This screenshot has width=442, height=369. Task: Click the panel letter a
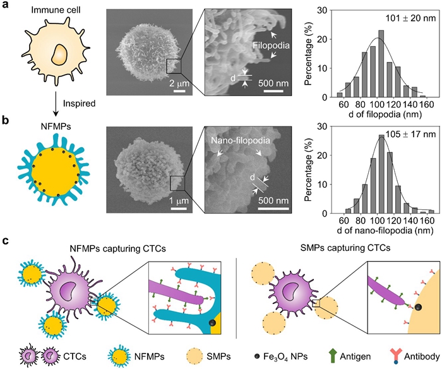point(6,9)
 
